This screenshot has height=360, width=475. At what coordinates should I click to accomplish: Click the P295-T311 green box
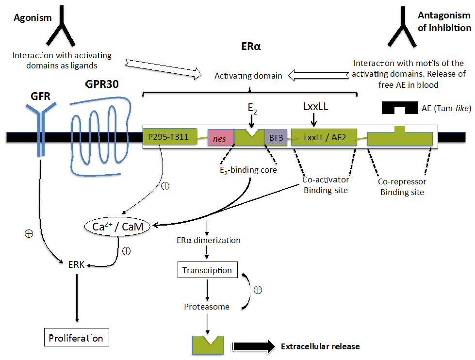(170, 137)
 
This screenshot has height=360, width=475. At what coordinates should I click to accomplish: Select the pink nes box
(221, 137)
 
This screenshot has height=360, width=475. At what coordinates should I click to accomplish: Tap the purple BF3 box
(276, 137)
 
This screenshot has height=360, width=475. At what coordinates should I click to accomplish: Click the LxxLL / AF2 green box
(324, 137)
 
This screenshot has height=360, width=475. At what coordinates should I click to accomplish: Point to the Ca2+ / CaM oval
(117, 227)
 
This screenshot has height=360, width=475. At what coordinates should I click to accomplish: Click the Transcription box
(207, 270)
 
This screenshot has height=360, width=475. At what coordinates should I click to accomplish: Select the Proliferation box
(76, 337)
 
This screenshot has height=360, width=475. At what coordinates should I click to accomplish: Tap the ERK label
(76, 264)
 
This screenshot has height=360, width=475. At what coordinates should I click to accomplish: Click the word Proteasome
(207, 307)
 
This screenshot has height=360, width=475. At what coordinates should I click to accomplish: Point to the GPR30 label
(102, 84)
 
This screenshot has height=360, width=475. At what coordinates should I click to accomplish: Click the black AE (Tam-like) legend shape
(400, 107)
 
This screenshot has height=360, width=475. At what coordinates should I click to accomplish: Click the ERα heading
(251, 47)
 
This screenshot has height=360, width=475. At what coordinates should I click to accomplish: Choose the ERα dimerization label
(209, 240)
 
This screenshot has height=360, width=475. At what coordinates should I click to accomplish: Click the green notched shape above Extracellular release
(208, 345)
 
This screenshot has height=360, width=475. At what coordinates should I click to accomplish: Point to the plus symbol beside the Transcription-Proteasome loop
(258, 290)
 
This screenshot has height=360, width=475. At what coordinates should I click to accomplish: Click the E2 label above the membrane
(252, 109)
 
